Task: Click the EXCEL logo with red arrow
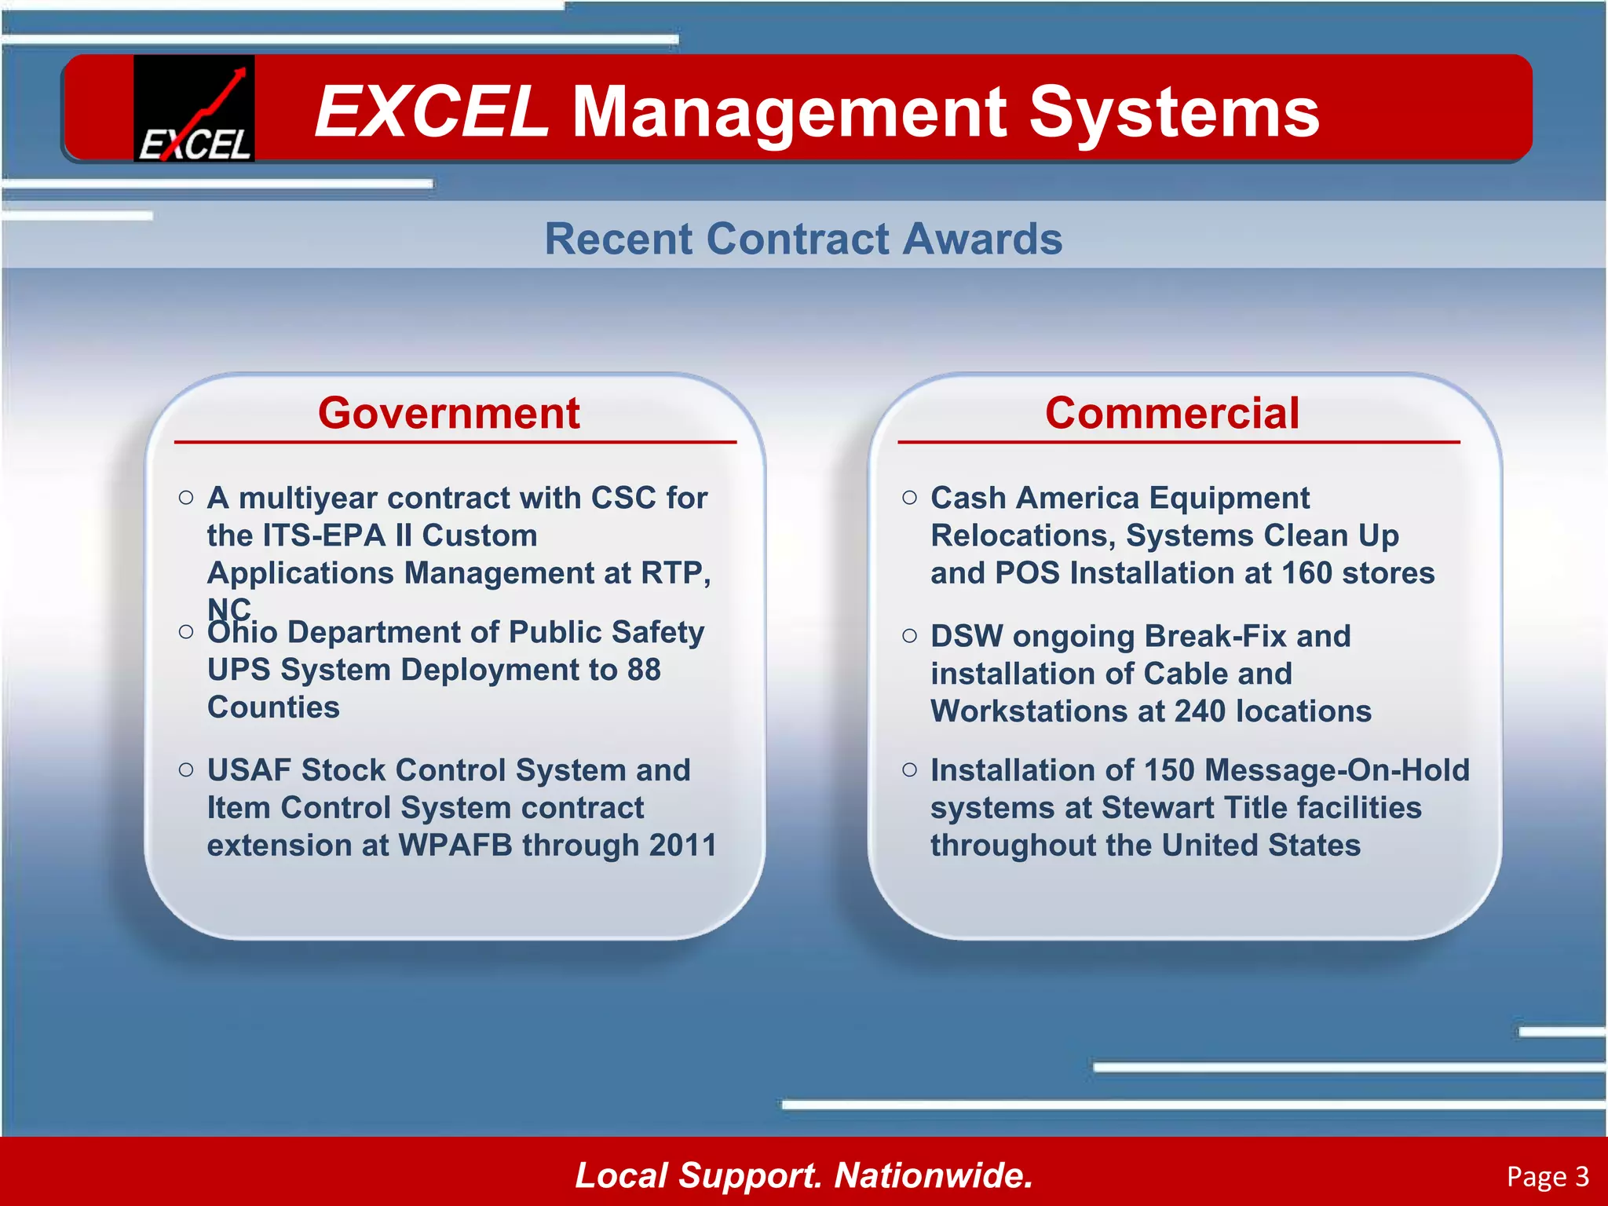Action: click(194, 108)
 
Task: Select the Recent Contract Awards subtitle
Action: click(803, 239)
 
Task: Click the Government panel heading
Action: click(448, 413)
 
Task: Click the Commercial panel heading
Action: click(1171, 413)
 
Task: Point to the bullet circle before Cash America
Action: click(909, 497)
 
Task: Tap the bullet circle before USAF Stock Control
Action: click(186, 769)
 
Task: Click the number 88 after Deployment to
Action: click(643, 670)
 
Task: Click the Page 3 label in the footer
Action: click(1547, 1176)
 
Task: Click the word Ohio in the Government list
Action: click(242, 633)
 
